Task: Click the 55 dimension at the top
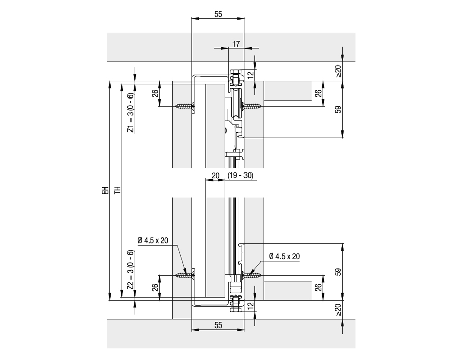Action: tap(218, 15)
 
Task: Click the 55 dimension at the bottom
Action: tap(218, 324)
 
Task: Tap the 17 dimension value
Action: tap(235, 44)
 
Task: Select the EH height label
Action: tap(105, 191)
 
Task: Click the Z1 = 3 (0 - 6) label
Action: tap(131, 113)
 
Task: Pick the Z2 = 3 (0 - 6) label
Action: tap(131, 270)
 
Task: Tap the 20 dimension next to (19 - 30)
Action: tap(215, 175)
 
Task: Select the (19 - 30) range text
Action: tap(240, 175)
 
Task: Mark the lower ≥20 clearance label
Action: tap(338, 309)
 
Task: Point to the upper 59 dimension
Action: tap(338, 109)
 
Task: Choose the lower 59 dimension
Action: tap(338, 272)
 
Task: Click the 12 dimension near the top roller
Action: tap(250, 74)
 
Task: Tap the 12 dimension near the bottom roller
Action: tap(250, 306)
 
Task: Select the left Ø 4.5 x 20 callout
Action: tap(153, 241)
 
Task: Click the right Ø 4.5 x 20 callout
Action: tap(284, 256)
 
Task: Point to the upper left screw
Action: tap(183, 106)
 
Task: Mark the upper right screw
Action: tap(252, 106)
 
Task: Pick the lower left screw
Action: tap(183, 275)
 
